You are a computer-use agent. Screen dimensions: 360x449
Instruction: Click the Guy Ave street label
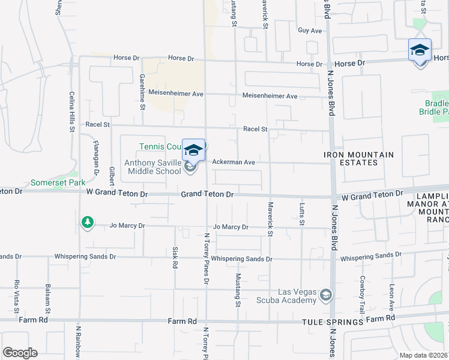(310, 31)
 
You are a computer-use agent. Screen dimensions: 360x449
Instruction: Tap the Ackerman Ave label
(234, 162)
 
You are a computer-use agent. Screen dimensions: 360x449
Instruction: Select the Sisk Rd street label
(175, 257)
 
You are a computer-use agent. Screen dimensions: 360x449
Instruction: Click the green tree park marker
(88, 223)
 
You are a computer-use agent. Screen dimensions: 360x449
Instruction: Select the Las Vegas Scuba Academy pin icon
(325, 295)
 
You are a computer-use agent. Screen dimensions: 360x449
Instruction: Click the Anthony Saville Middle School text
(152, 167)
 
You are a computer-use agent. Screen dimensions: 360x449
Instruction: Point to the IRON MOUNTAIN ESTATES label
(359, 158)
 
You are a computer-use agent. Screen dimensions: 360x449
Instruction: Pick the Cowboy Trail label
(362, 290)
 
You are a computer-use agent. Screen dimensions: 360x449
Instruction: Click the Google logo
(20, 352)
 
